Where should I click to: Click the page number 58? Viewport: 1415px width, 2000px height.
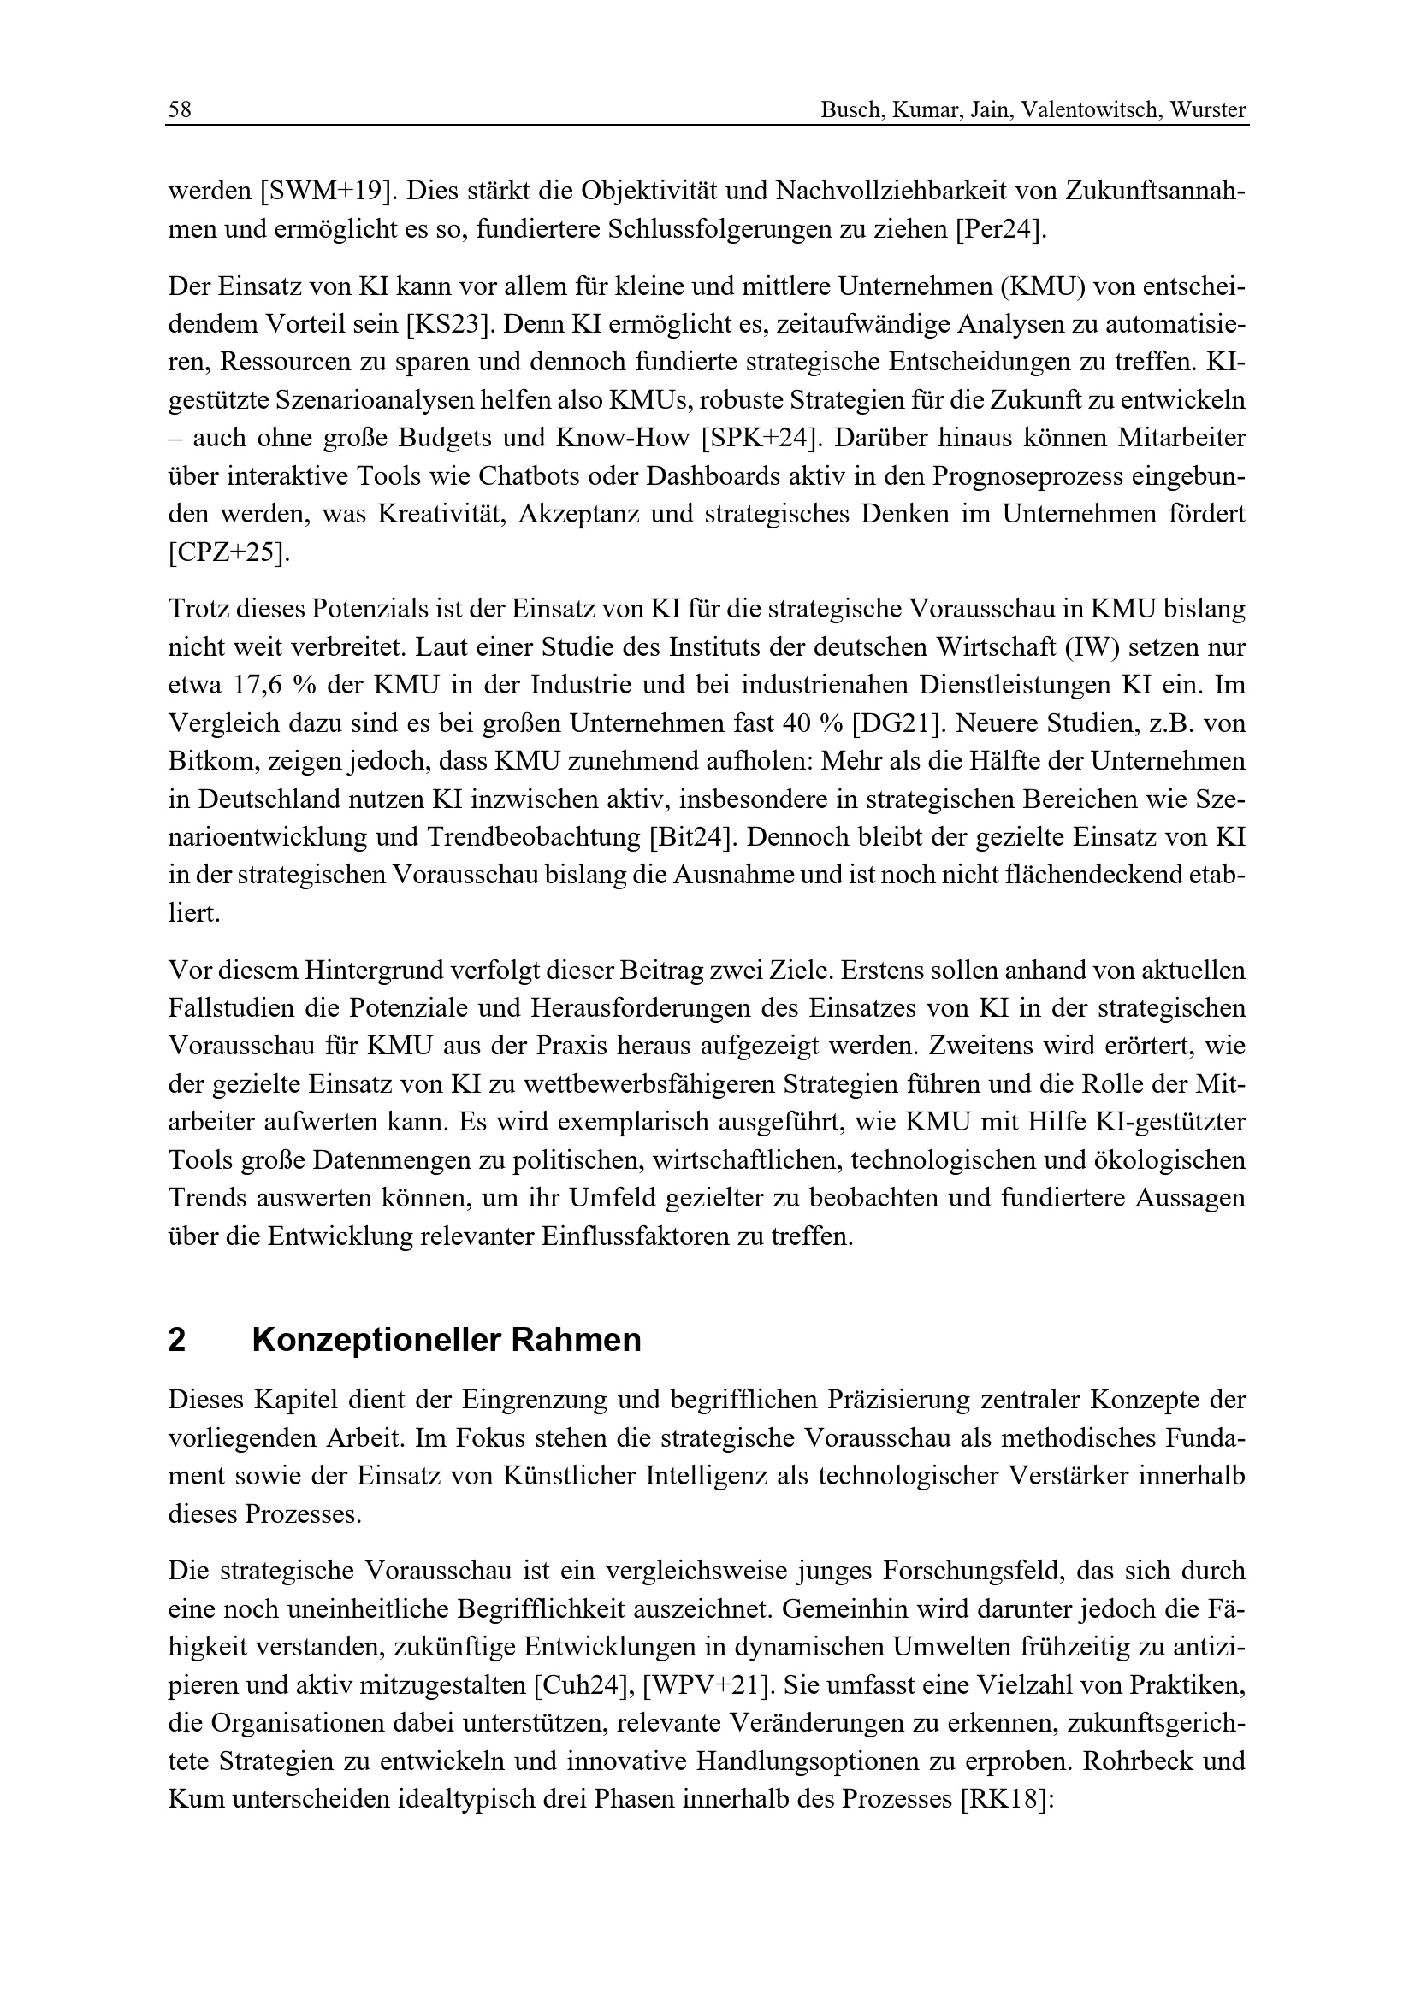coord(180,110)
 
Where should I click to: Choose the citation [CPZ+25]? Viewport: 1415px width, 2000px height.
coord(227,552)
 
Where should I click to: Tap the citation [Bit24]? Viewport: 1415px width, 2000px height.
coord(695,837)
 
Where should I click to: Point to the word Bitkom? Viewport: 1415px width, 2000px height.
coord(206,761)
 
